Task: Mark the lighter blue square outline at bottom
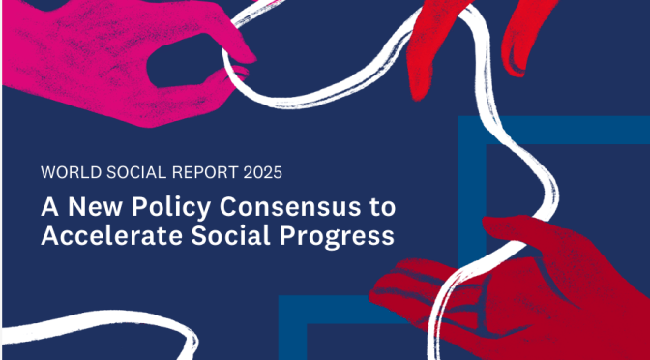[310, 319]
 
